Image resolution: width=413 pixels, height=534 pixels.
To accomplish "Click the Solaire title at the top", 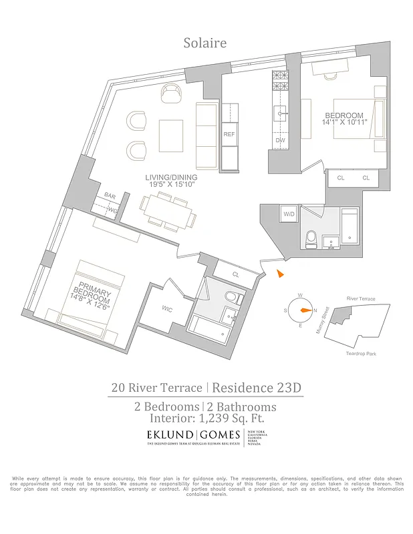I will pos(205,43).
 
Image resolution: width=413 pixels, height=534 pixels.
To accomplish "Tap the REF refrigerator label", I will pos(229,135).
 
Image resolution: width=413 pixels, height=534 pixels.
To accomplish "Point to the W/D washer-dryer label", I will pos(289,214).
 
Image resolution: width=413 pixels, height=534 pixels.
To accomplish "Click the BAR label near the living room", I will pos(110,196).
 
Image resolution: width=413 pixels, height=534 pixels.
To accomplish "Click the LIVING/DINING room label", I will pos(170,178).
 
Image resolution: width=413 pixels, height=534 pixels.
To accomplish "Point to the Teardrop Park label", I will pos(362,354).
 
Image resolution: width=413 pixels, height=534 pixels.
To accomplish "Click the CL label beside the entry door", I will pos(235,274).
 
